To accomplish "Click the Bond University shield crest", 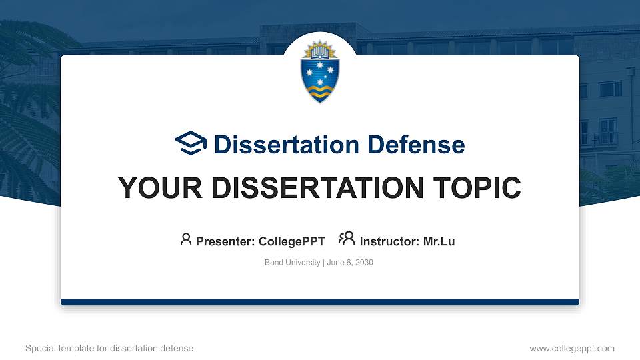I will tap(319, 72).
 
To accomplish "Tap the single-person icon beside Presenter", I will tap(186, 239).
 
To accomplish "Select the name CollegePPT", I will tap(291, 241).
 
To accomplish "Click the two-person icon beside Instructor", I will tap(347, 239).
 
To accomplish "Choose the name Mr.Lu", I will tap(439, 241).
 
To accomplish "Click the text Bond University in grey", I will tap(292, 263).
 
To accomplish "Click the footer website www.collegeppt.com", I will tap(571, 348).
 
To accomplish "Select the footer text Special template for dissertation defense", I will tap(109, 348).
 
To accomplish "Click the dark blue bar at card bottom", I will tap(319, 302).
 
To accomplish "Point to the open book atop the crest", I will tap(319, 51).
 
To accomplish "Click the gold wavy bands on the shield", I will tap(319, 91).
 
